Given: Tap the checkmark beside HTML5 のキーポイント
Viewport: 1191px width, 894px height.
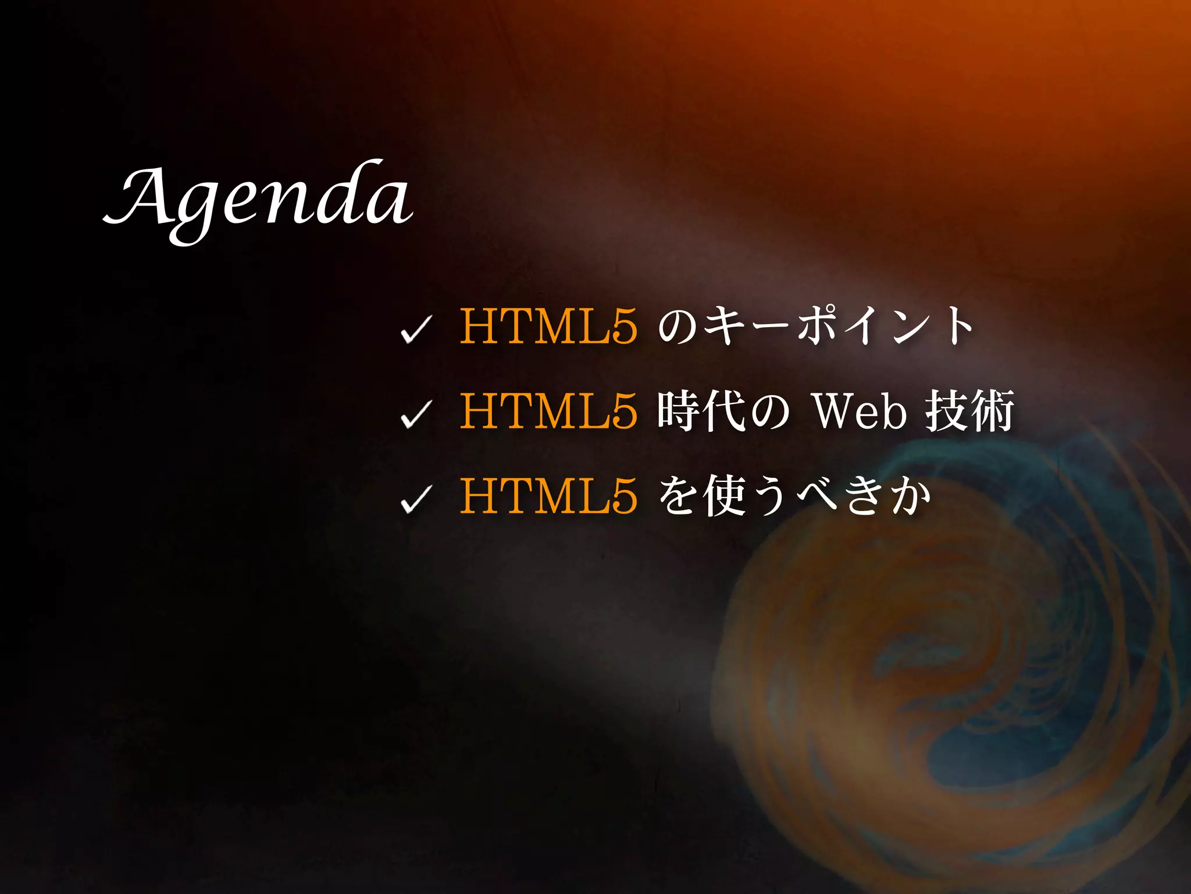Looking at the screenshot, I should pos(416,329).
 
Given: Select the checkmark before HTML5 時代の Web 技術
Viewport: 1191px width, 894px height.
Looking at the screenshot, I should pos(416,414).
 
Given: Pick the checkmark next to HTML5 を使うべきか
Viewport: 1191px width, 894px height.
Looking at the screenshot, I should pos(416,499).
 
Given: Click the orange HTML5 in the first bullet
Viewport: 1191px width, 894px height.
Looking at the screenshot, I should pos(548,326).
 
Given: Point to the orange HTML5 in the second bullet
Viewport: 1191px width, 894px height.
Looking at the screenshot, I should pos(548,411).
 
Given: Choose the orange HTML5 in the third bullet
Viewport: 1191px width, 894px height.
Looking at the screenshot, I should pos(548,496).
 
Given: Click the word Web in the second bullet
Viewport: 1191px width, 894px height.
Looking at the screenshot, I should pos(860,411).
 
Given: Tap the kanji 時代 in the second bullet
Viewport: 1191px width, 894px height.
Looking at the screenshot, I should pos(702,411).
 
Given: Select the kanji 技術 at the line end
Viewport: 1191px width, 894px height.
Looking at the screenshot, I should pos(970,411).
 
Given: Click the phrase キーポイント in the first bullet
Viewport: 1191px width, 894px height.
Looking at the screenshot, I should pos(837,326).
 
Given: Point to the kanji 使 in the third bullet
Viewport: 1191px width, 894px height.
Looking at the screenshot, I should pos(724,496).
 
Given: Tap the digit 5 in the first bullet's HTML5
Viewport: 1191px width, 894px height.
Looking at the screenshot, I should pos(623,326).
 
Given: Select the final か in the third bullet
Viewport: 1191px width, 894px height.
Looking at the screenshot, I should pos(909,496).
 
